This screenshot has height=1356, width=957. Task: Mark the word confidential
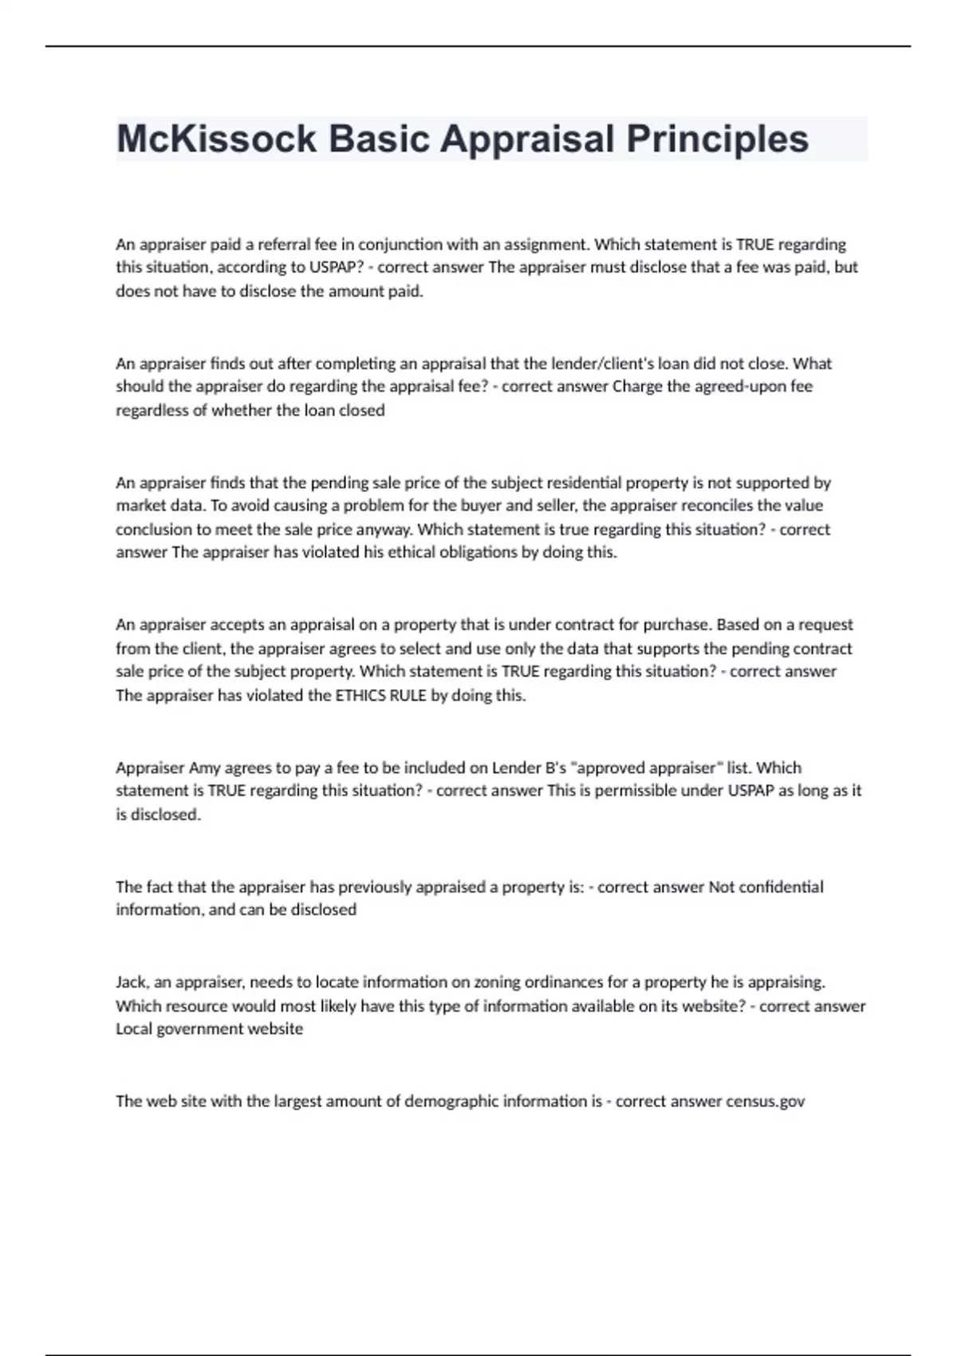tap(782, 887)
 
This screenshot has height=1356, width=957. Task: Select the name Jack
tap(132, 982)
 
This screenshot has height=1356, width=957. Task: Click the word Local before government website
tap(133, 1029)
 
